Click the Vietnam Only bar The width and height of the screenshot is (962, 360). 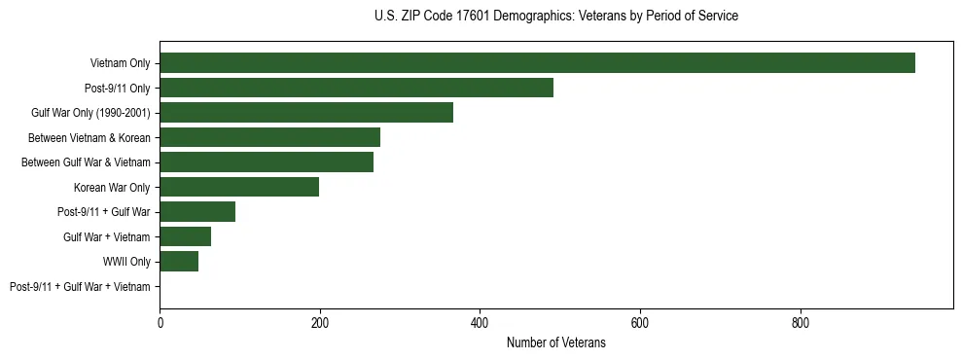coord(537,63)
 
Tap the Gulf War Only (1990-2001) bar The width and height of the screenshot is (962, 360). coord(306,113)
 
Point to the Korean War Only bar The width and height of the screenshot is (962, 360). coord(239,187)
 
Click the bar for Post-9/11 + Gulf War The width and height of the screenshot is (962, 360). coord(197,212)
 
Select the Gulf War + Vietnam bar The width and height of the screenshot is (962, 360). coord(185,236)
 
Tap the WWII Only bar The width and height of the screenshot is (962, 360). coord(179,262)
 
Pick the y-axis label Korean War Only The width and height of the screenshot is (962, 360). coord(112,187)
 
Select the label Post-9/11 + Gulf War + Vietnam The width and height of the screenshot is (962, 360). coord(80,287)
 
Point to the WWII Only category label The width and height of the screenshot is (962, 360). coord(126,262)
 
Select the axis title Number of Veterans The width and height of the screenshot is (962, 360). coord(555,342)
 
